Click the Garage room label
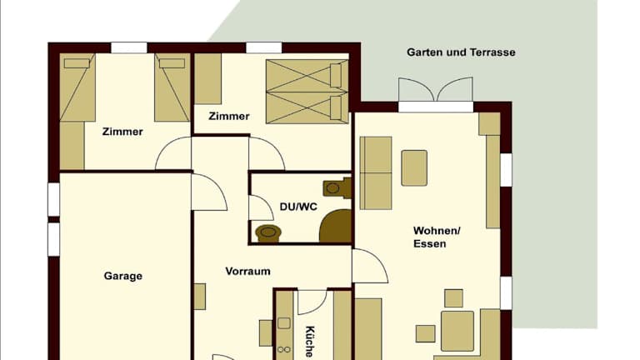pos(122,277)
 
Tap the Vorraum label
pos(247,272)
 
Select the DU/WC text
pos(298,207)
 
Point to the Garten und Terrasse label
pos(461,52)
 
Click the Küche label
pos(310,342)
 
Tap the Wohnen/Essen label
pos(437,237)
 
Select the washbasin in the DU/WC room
pos(268,233)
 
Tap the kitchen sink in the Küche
pos(284,323)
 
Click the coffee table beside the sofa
pos(414,167)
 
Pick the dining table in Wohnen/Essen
pos(457,331)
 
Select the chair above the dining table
pos(453,298)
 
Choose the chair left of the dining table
pos(425,333)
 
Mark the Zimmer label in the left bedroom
pos(122,132)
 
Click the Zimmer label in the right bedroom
pos(229,117)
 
